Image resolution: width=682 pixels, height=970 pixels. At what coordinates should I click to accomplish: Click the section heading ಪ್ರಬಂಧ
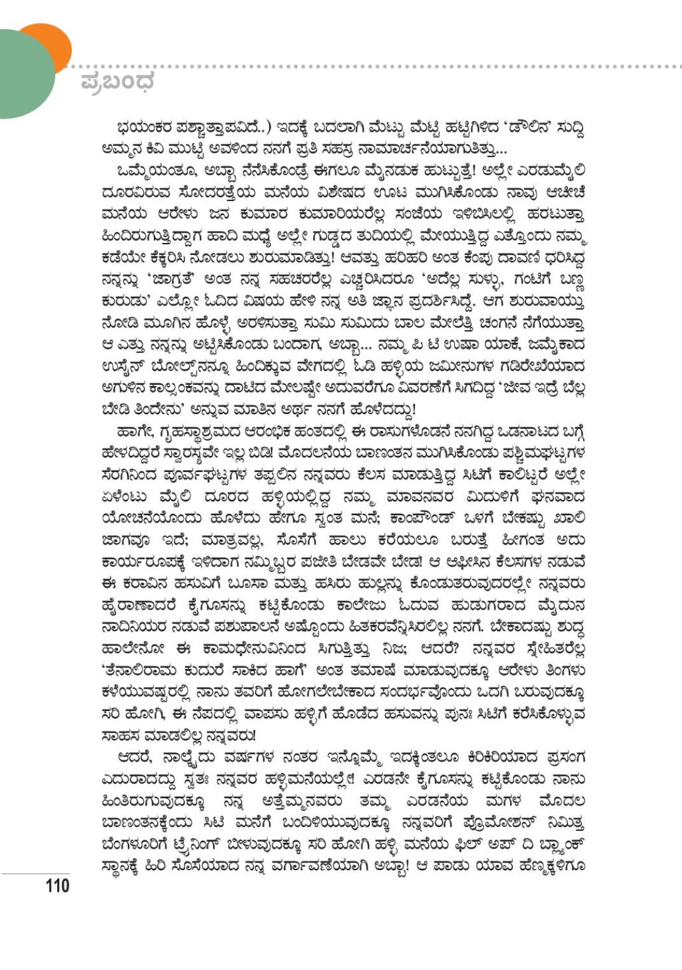point(118,83)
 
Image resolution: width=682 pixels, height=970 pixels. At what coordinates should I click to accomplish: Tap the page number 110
point(57,885)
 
